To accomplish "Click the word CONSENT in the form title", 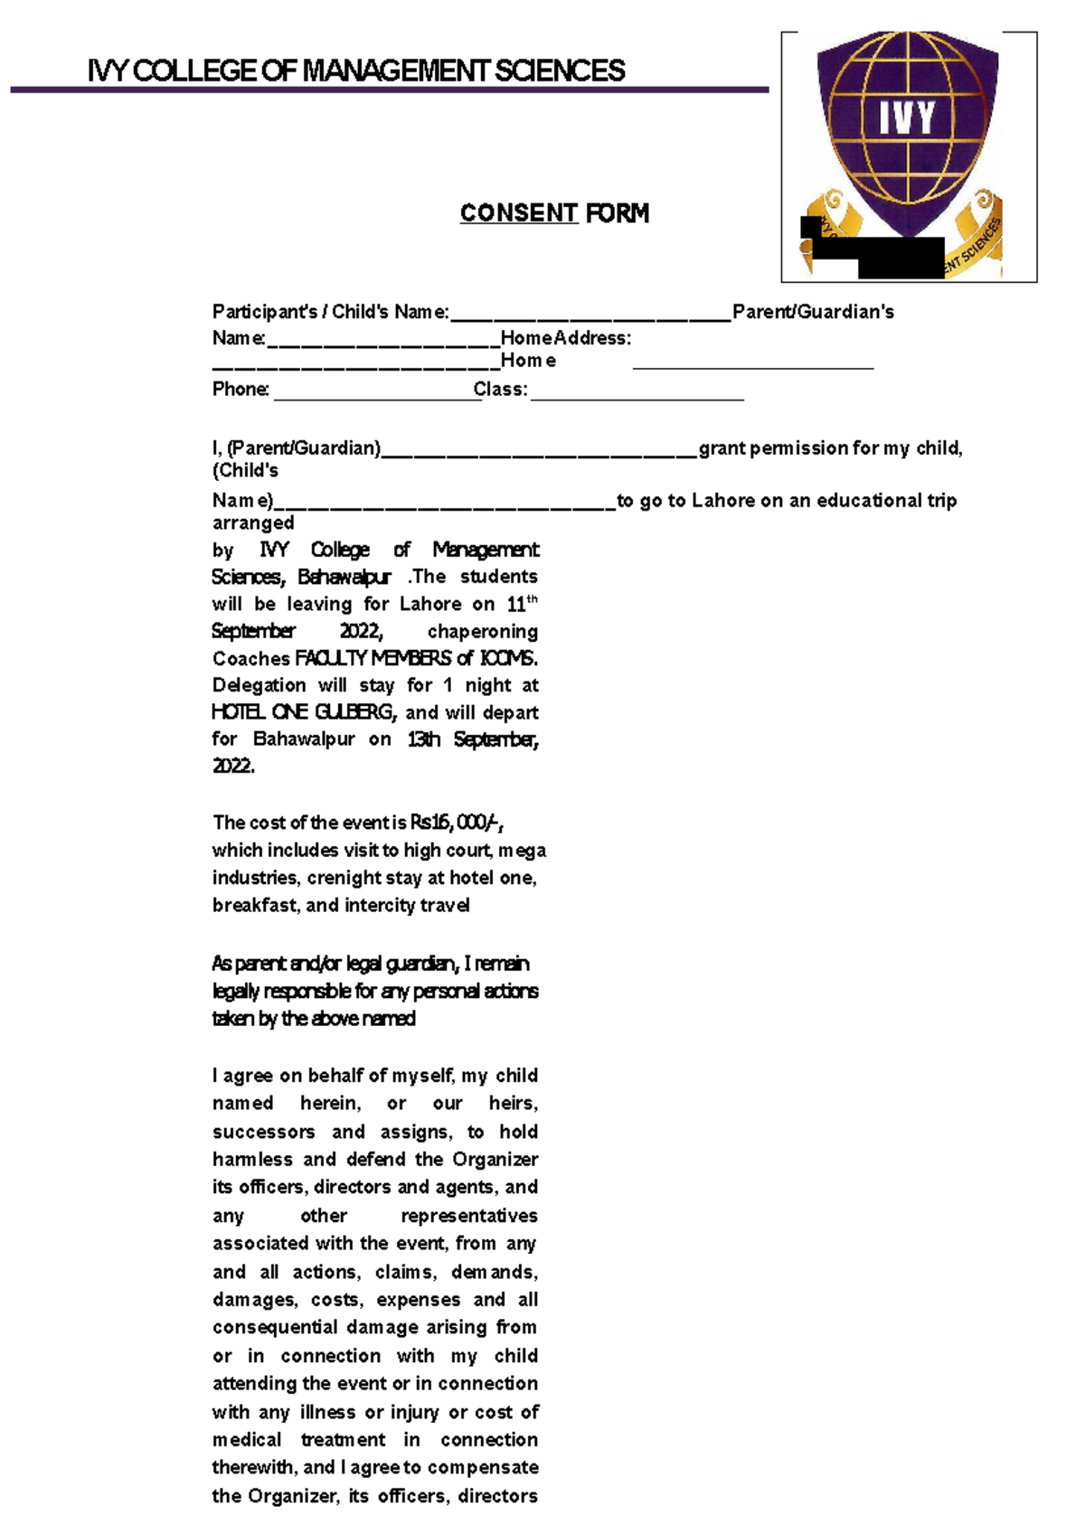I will [x=518, y=213].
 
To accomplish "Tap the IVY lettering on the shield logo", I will [x=907, y=118].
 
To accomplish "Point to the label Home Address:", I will [x=566, y=338].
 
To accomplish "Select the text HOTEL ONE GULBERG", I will [x=304, y=712].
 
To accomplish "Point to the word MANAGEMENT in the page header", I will [x=394, y=71].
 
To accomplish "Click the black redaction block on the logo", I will [x=900, y=257].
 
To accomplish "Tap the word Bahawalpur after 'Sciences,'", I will [x=344, y=577].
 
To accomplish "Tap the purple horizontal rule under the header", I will [x=389, y=89].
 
